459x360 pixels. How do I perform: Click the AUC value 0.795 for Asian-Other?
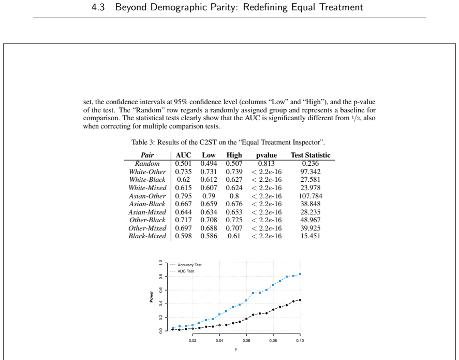coord(183,196)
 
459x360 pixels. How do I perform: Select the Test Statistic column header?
coord(310,155)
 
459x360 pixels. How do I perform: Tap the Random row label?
coord(147,164)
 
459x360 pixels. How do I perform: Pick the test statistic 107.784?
coord(310,196)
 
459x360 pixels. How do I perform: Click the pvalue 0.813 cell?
coord(266,164)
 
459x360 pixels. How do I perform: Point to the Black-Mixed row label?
coord(147,236)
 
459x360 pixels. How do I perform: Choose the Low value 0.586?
coord(209,236)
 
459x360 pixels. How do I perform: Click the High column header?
coord(234,155)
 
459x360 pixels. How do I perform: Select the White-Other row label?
coord(147,171)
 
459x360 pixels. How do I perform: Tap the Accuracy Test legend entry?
coord(186,265)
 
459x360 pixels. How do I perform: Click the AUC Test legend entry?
coord(182,271)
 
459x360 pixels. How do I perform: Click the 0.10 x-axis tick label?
coord(300,340)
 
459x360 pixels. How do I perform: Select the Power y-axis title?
coord(151,297)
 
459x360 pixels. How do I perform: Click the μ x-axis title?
coord(236,349)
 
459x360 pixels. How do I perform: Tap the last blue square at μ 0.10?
coord(300,274)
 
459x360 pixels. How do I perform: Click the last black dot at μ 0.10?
coord(300,300)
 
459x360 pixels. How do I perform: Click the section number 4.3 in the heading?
coord(98,7)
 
